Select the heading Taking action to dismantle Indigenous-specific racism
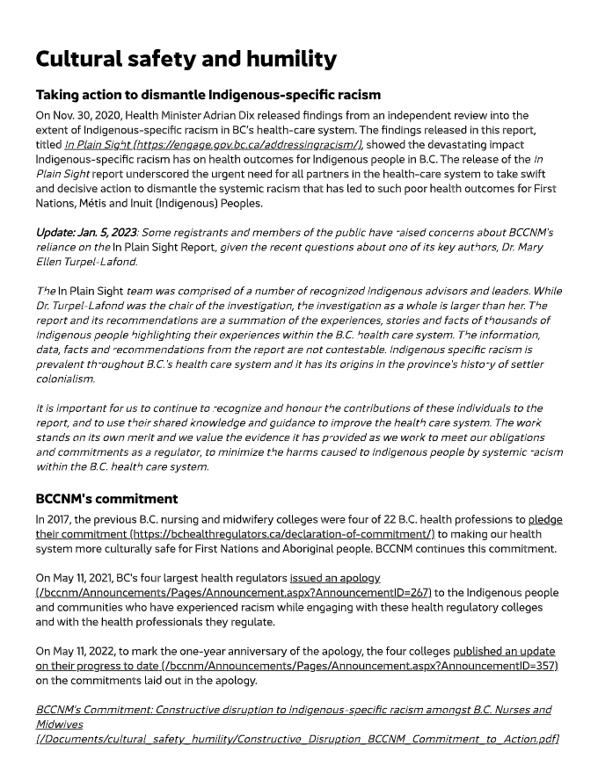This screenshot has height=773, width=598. [208, 94]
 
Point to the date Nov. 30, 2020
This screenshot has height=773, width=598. [84, 115]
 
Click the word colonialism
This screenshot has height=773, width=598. [64, 379]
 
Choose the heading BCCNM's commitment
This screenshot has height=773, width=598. [106, 499]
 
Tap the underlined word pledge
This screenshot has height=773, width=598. [545, 519]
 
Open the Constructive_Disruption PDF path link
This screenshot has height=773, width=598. [297, 739]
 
